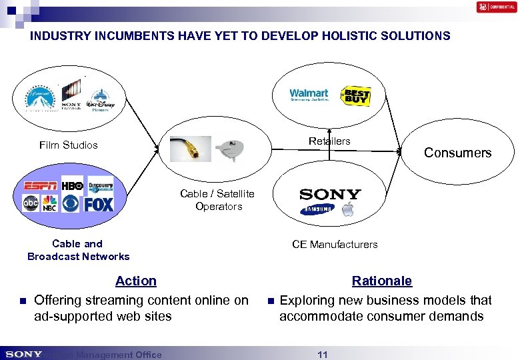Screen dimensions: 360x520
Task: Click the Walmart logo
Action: pyautogui.click(x=309, y=95)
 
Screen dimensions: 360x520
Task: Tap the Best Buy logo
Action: pyautogui.click(x=355, y=97)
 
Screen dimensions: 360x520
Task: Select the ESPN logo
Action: pyautogui.click(x=41, y=186)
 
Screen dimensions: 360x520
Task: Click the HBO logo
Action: pyautogui.click(x=72, y=185)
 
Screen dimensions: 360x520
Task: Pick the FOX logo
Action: pyautogui.click(x=99, y=204)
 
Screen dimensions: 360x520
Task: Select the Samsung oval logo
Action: pyautogui.click(x=317, y=210)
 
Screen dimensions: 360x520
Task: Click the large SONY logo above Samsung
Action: pyautogui.click(x=330, y=194)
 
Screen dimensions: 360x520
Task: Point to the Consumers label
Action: pyautogui.click(x=457, y=153)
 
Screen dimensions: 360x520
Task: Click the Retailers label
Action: pyautogui.click(x=329, y=141)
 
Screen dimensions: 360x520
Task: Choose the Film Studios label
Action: pyautogui.click(x=69, y=145)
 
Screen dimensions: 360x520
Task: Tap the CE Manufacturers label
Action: pyautogui.click(x=335, y=244)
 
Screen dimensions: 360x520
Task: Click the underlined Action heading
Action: pyautogui.click(x=136, y=281)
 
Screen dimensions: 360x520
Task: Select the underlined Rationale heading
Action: pyautogui.click(x=382, y=281)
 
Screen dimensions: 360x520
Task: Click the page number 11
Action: pyautogui.click(x=323, y=355)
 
